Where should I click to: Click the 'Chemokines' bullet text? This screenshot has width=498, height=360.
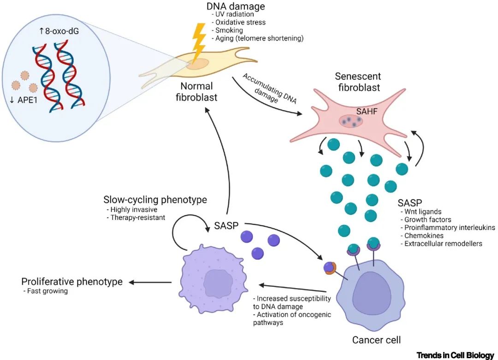(422, 235)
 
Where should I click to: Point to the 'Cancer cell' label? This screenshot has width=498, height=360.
(376, 340)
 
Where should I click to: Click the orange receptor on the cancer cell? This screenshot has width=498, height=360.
(330, 269)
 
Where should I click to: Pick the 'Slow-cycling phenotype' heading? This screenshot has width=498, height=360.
(155, 200)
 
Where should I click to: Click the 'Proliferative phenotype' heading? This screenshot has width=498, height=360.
(72, 282)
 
